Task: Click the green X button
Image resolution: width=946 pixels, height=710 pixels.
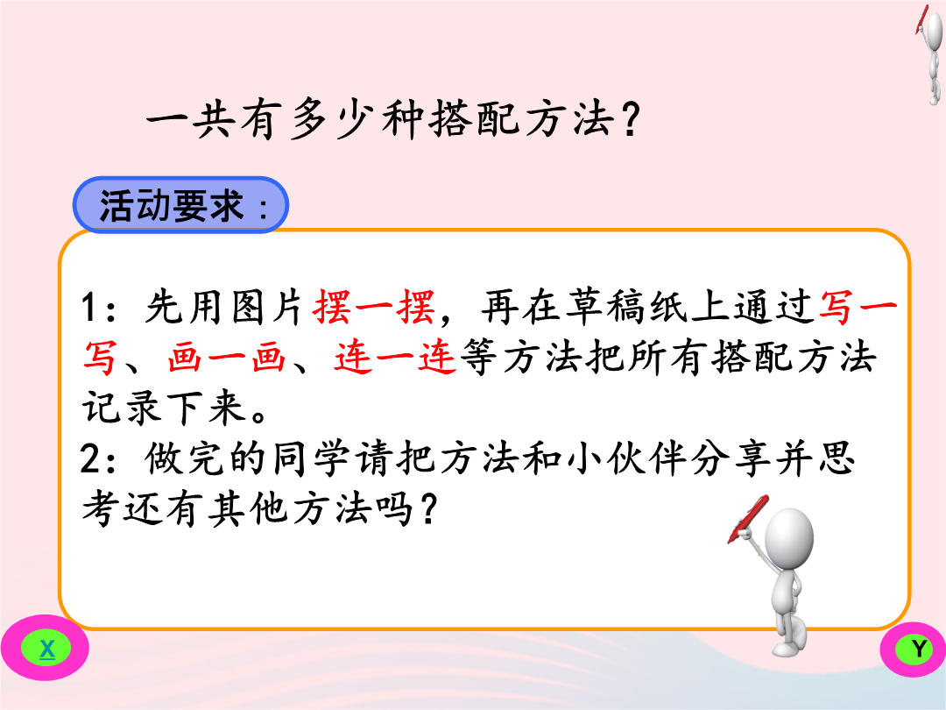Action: (x=46, y=649)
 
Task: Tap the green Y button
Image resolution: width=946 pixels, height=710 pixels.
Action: (x=918, y=649)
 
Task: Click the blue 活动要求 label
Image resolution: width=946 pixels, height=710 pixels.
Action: (x=180, y=205)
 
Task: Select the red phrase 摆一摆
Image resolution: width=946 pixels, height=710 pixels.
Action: (x=374, y=307)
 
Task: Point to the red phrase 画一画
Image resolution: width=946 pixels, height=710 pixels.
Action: (x=226, y=357)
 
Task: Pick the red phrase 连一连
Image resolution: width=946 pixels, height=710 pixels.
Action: (x=394, y=357)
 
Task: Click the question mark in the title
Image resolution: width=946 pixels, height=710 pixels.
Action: (x=629, y=119)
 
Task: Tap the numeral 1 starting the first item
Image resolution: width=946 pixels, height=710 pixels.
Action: (x=89, y=308)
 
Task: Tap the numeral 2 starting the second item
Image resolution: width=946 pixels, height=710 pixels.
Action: (x=91, y=458)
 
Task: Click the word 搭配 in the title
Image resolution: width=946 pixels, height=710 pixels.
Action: (x=475, y=118)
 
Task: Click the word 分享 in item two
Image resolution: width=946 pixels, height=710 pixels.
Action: (x=731, y=458)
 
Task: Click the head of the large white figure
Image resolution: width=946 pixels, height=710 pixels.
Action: (x=789, y=536)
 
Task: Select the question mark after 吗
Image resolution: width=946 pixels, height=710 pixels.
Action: (x=428, y=509)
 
